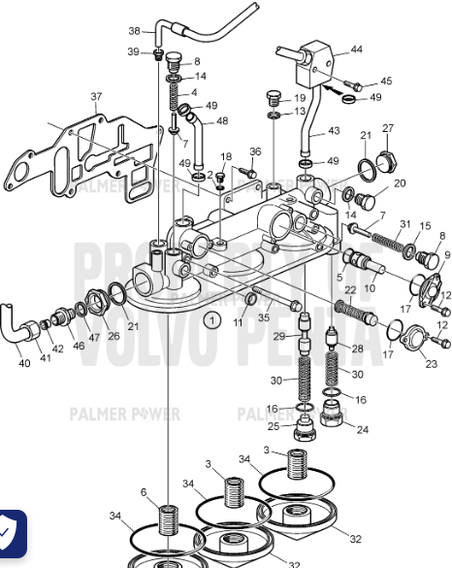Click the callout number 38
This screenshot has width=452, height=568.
[x=135, y=31]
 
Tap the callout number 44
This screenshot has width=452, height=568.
[x=356, y=50]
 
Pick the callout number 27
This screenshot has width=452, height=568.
[x=388, y=128]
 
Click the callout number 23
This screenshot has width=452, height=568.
[x=432, y=364]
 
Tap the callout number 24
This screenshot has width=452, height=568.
[x=364, y=428]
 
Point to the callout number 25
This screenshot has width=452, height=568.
[x=274, y=425]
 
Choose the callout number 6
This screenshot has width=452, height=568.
[x=144, y=493]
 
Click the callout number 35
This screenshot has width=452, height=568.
[x=264, y=317]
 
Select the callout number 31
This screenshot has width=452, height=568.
[x=404, y=225]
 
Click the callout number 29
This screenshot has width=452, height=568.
[x=277, y=336]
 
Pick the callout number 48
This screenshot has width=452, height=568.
[x=222, y=121]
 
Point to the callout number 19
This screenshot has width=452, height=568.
[x=300, y=98]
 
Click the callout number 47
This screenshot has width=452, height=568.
[x=94, y=337]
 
